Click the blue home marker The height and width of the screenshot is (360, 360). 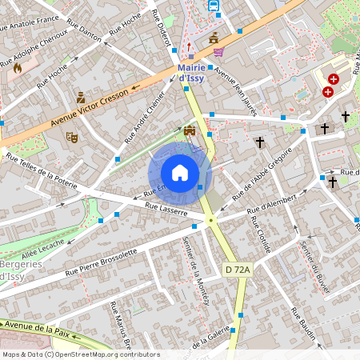coord(180,173)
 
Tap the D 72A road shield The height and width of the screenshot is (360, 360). coord(238,270)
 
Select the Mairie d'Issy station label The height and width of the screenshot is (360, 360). coord(191,73)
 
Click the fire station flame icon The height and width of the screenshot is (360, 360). coord(17,69)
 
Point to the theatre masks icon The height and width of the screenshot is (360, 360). coord(71,137)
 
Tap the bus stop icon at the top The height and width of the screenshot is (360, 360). coord(214,5)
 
